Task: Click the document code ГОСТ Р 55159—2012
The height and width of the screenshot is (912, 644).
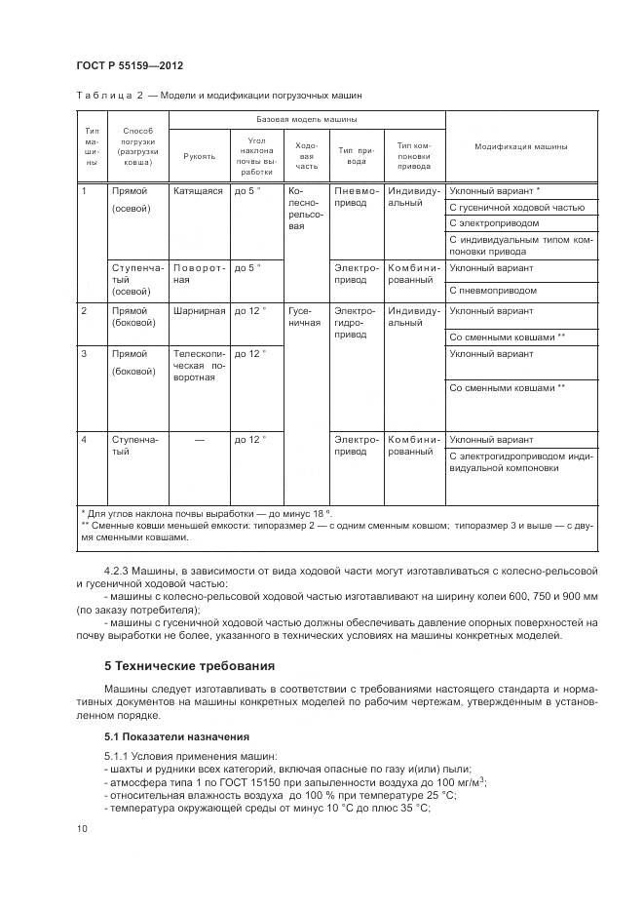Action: pyautogui.click(x=130, y=65)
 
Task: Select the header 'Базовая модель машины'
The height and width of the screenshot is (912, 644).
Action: pyautogui.click(x=306, y=119)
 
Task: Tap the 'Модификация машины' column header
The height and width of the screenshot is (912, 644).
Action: pyautogui.click(x=520, y=146)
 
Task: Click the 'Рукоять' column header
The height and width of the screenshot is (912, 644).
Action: pyautogui.click(x=199, y=155)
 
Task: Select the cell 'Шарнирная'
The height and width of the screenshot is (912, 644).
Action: pyautogui.click(x=199, y=311)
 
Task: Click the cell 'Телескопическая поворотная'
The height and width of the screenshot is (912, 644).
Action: pyautogui.click(x=199, y=365)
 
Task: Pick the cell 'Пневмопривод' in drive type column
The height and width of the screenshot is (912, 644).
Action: pyautogui.click(x=357, y=198)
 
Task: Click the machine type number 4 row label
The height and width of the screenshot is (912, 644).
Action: pyautogui.click(x=85, y=440)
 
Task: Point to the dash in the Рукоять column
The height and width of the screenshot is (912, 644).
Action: pyautogui.click(x=199, y=440)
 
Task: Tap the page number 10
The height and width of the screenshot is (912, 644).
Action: pyautogui.click(x=81, y=828)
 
